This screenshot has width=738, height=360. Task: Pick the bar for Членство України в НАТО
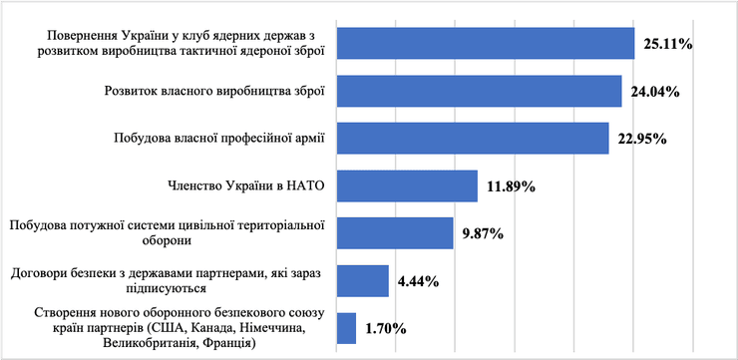coord(407,185)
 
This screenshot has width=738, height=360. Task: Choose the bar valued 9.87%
coord(395,232)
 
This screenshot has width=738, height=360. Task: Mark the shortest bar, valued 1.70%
coord(346,327)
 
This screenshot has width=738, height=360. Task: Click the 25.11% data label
coord(668,44)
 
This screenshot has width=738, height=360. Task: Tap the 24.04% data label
coord(655,92)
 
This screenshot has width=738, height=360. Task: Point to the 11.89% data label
coord(511,186)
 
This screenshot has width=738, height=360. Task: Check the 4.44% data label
coord(420,281)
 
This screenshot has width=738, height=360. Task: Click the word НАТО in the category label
coord(307,184)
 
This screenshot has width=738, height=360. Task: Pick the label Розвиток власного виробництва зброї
coord(214,91)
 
